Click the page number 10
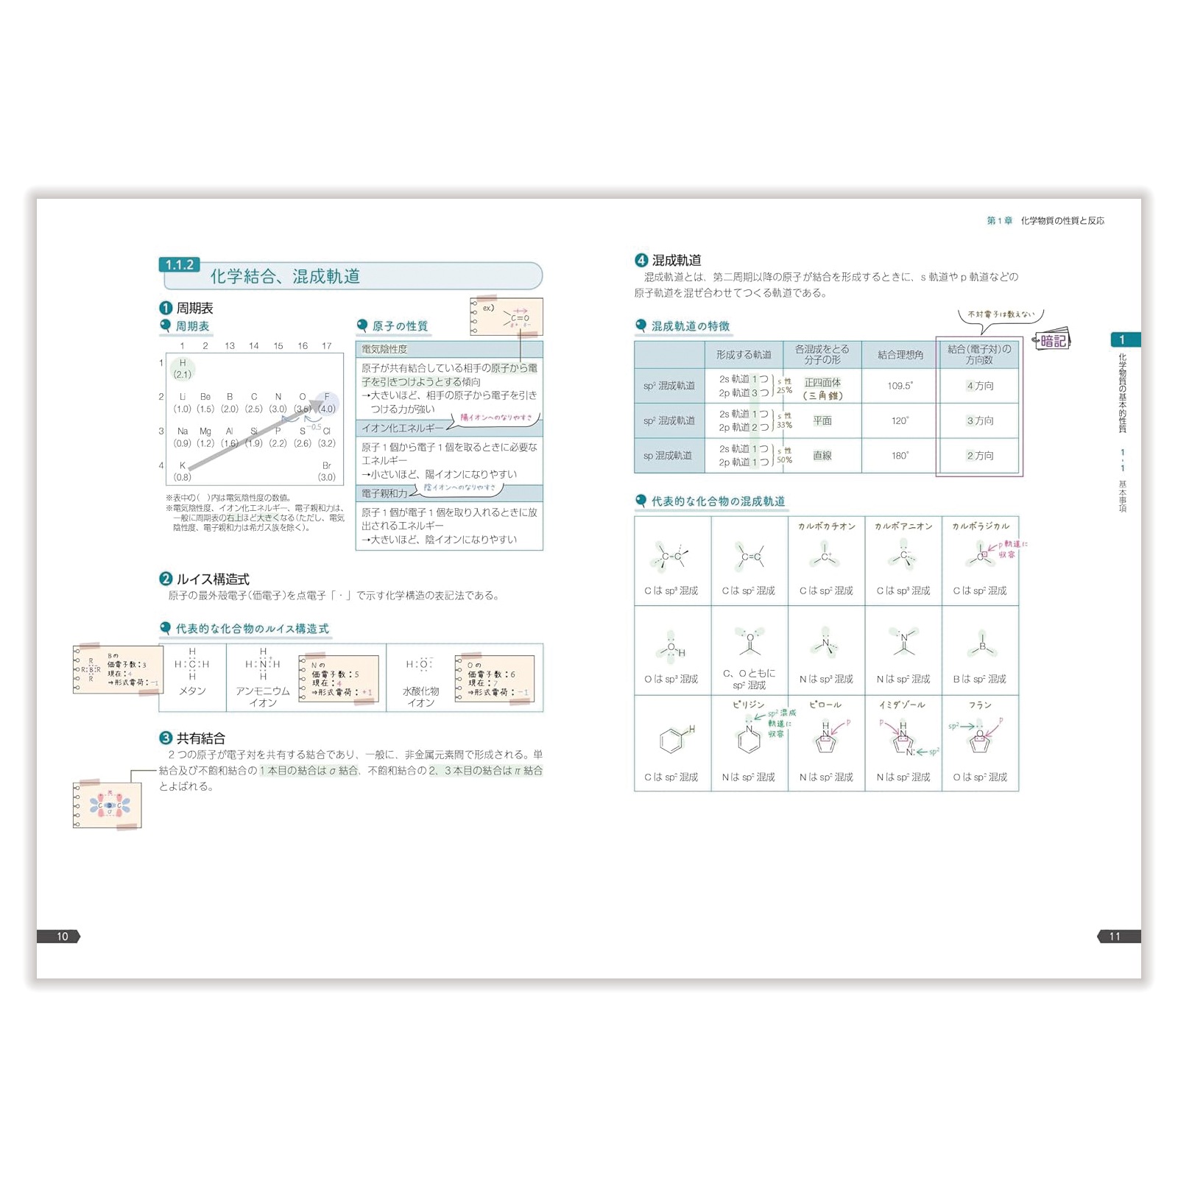coord(62,937)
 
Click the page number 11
coord(1114,937)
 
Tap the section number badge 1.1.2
coord(179,265)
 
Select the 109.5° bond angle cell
coord(900,386)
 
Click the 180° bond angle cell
coord(900,456)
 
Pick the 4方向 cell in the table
coord(980,386)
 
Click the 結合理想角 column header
coord(900,355)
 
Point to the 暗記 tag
coord(1053,341)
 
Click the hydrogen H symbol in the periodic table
coord(183,363)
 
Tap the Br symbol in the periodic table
coord(327,466)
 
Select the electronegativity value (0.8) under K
coord(183,477)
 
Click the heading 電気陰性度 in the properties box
coord(384,349)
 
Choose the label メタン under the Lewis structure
coord(192,691)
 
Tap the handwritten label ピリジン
coord(748,705)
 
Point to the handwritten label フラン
coord(980,705)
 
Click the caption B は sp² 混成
coord(979,679)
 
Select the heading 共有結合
coord(200,738)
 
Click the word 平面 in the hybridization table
coord(822,420)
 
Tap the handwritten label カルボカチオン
coord(826,526)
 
